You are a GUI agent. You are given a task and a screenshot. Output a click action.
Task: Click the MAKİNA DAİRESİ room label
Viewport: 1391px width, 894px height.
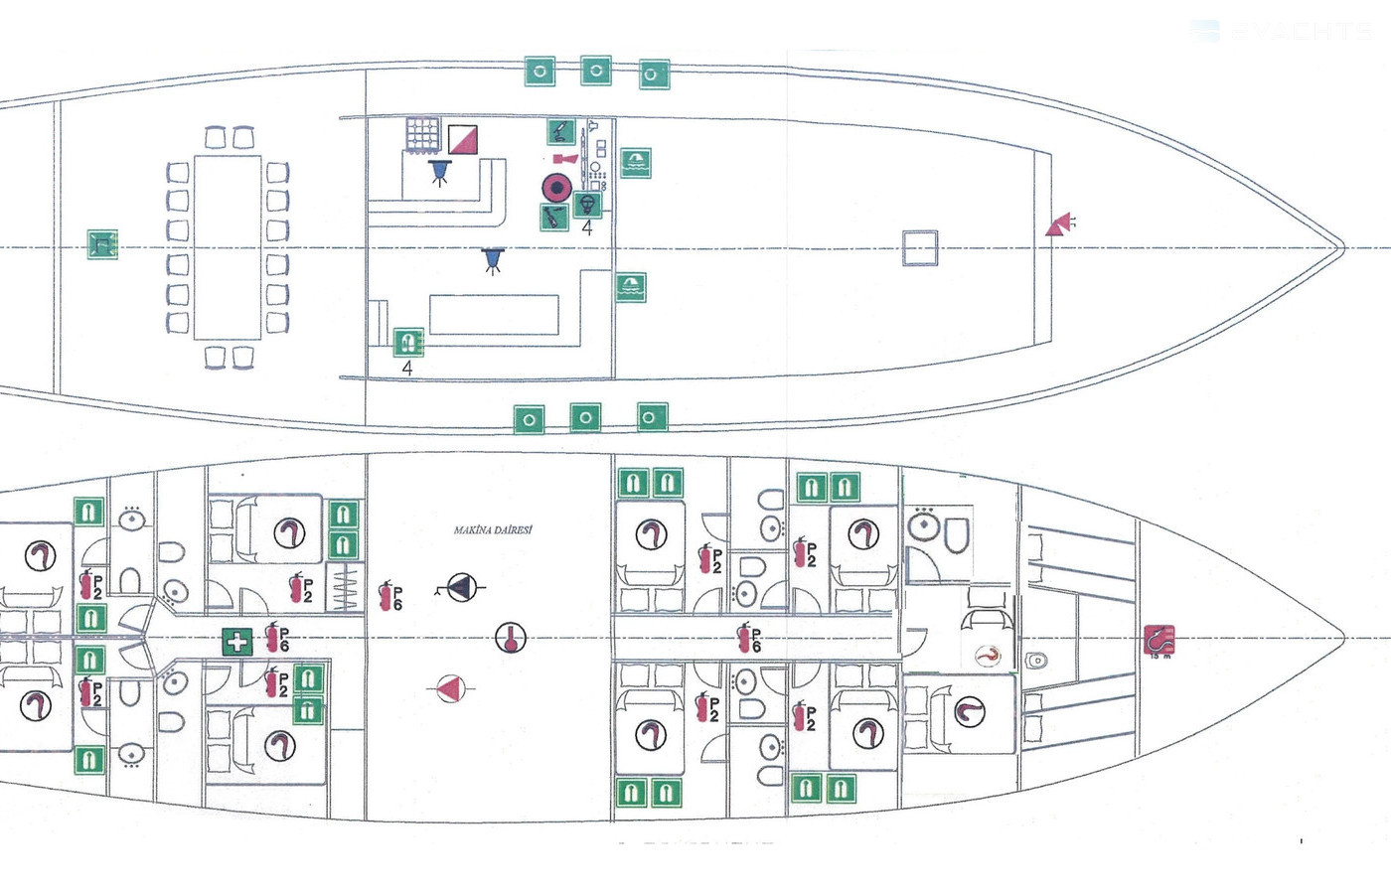[x=493, y=530]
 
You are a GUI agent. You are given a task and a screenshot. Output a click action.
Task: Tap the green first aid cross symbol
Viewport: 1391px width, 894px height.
[x=236, y=642]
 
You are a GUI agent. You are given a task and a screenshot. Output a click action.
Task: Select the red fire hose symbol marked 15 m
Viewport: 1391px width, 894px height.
[x=1159, y=640]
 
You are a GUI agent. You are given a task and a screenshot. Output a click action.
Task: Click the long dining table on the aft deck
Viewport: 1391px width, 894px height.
[x=228, y=247]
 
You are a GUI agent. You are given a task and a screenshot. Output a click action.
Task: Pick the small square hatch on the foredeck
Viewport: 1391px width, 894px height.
[x=919, y=248]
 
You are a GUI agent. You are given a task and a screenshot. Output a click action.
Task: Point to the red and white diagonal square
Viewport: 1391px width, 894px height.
[x=462, y=138]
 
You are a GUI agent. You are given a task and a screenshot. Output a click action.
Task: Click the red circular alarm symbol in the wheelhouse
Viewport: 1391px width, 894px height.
[x=555, y=186]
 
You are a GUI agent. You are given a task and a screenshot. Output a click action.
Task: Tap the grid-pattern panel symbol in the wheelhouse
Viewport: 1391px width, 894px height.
[x=422, y=134]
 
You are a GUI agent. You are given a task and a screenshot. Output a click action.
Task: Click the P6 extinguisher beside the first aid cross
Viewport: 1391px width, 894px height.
[x=277, y=638]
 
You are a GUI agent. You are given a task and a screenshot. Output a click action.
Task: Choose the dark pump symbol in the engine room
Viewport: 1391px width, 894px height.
[x=460, y=587]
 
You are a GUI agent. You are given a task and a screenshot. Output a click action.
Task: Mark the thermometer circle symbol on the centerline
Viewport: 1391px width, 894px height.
[x=511, y=638]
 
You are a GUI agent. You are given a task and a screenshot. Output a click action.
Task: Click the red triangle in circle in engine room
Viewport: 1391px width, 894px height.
[x=450, y=687]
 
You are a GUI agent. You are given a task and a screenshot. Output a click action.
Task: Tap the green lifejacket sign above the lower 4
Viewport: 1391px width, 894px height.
[x=408, y=343]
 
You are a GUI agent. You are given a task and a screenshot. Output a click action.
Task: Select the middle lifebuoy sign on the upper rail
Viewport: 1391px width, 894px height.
[x=595, y=71]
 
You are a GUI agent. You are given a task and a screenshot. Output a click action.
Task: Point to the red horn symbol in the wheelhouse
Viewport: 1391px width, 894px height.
[x=564, y=158]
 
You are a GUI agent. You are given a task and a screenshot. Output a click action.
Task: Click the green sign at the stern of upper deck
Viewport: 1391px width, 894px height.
[x=101, y=244]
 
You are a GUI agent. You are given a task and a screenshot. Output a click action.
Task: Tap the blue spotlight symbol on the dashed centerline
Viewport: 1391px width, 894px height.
[x=492, y=260]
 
